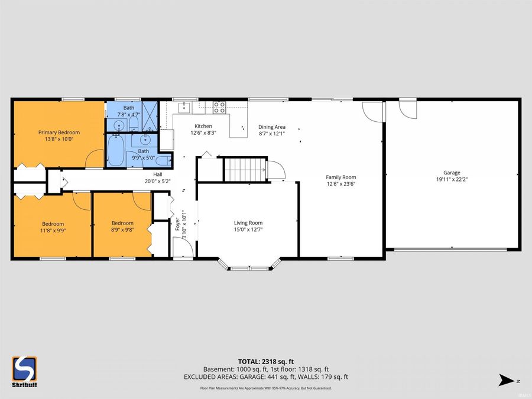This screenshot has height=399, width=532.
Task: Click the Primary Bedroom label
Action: [x=59, y=132]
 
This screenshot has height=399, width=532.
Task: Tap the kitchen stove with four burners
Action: [x=219, y=107]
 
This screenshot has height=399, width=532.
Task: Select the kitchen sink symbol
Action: [x=184, y=107]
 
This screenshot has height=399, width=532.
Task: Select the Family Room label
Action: [x=341, y=177]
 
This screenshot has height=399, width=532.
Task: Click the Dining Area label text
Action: [x=272, y=126]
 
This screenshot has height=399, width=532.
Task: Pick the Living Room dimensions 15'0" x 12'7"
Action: [x=248, y=229]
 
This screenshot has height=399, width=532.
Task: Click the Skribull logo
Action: [x=24, y=372]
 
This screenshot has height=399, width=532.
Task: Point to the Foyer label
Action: [x=177, y=224]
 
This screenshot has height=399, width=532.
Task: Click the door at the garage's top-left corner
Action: [x=407, y=107]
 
